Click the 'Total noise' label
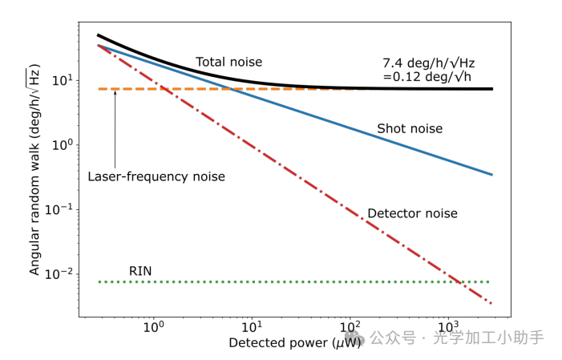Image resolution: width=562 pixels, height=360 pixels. (228, 62)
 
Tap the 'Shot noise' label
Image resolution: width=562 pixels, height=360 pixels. (409, 128)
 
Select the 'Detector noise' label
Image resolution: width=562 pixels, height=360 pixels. (412, 213)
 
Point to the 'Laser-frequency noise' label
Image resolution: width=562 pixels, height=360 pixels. (156, 176)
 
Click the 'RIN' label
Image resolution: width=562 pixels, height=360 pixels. (141, 271)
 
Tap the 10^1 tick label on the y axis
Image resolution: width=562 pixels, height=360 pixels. (63, 80)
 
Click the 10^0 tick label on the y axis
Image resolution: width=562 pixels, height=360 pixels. (63, 144)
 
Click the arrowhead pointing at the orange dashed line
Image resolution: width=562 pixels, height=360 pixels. (115, 93)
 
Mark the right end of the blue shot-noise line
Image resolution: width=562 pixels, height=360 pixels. (491, 175)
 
